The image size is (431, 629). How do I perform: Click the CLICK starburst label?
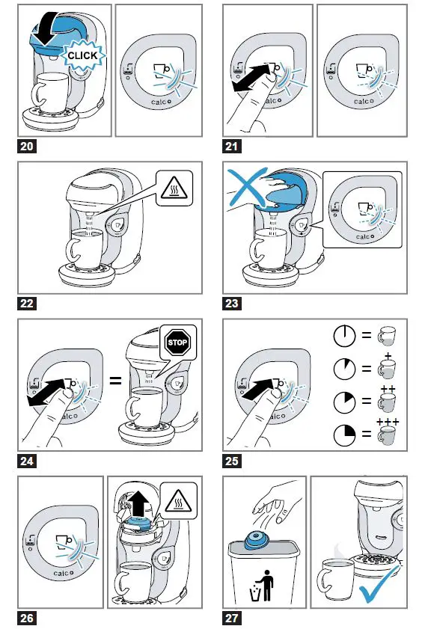(82, 55)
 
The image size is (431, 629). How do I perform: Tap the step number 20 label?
(26, 146)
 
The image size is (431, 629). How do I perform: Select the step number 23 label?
(231, 303)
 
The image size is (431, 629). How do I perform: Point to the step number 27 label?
(231, 619)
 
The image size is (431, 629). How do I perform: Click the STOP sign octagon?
(177, 343)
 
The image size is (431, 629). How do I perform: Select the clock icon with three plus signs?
(344, 434)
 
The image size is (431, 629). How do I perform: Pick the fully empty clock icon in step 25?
(344, 335)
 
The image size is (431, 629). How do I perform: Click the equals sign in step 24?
(115, 380)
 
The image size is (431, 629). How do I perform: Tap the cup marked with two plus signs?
(387, 399)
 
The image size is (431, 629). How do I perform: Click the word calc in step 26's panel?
(61, 573)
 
